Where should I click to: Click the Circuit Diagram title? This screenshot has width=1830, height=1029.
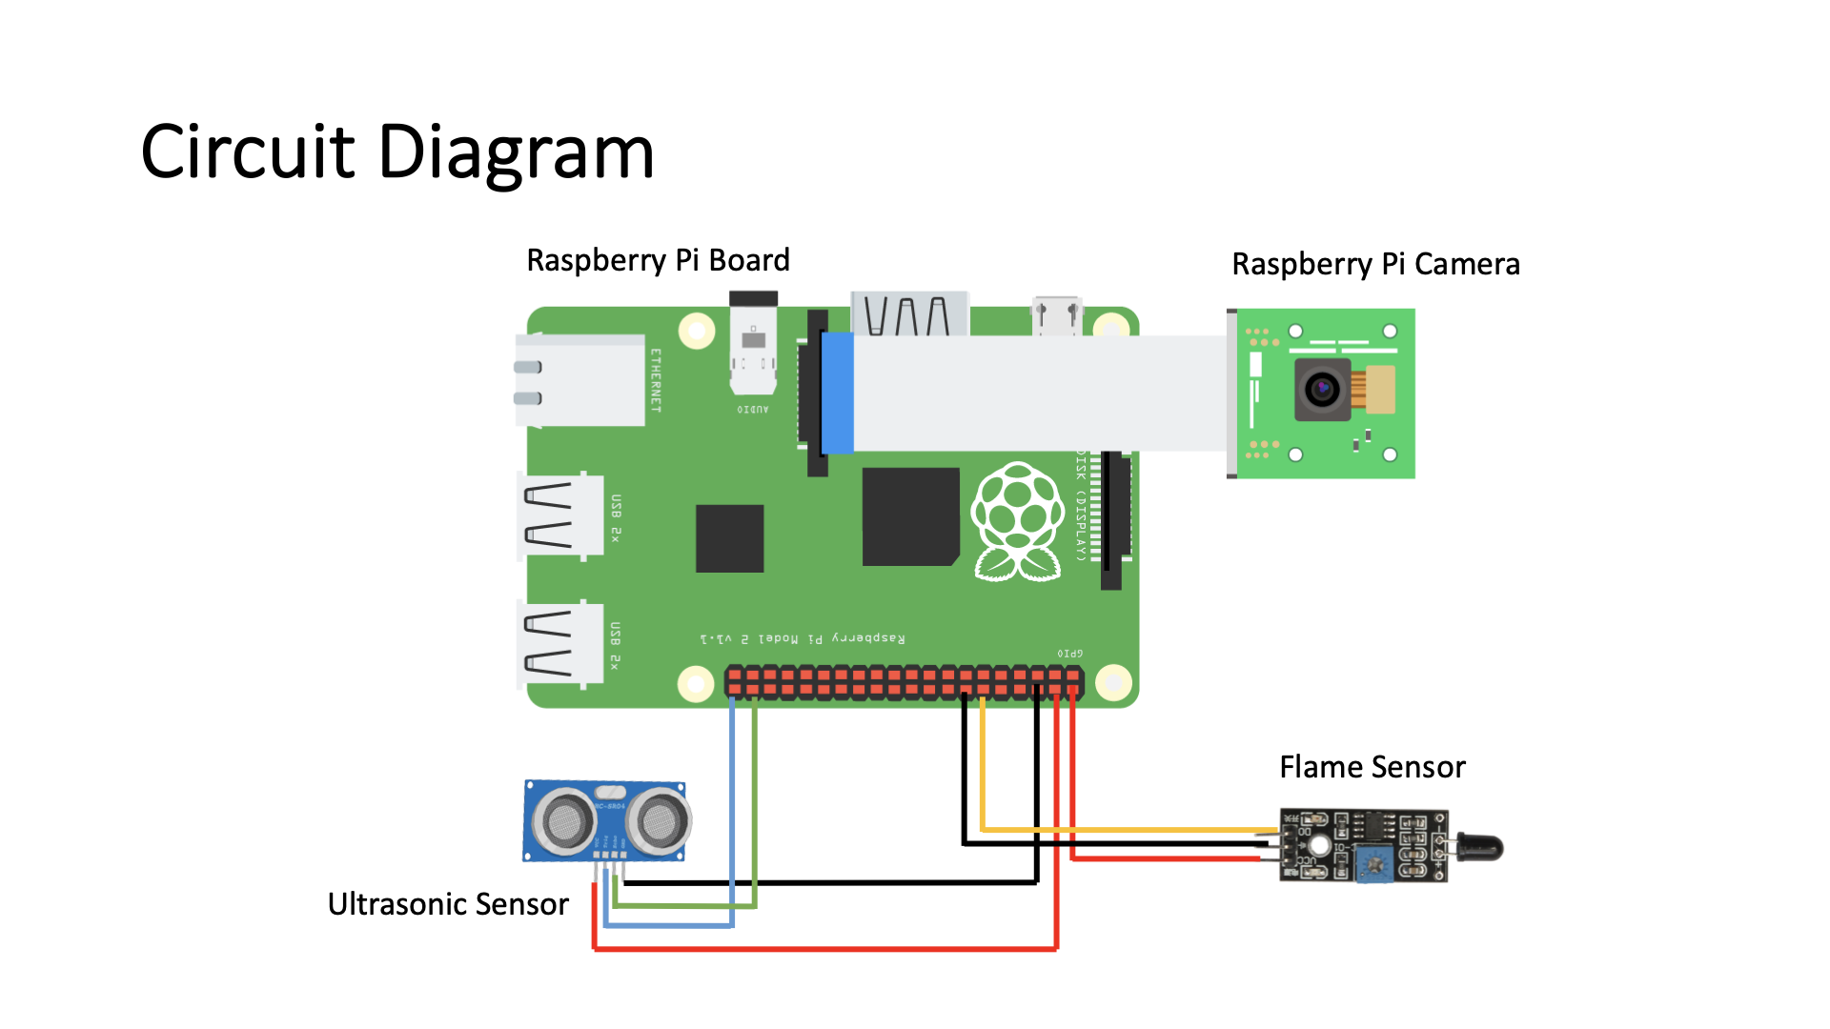pos(397,152)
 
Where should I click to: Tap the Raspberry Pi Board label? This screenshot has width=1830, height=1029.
pos(658,260)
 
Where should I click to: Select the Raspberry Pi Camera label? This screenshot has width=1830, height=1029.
pos(1375,264)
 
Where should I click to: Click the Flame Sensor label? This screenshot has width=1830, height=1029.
pos(1372,767)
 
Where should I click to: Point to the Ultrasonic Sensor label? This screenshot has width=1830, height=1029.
pos(448,904)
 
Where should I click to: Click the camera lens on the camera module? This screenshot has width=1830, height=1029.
pos(1322,389)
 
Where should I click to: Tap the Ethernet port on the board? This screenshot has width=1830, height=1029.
pos(579,379)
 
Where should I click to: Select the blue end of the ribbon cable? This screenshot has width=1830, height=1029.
pos(837,393)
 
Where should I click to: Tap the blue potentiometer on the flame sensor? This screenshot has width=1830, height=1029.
pos(1374,864)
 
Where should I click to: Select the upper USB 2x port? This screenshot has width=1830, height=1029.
pos(560,516)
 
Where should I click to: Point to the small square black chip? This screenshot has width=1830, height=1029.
pos(729,538)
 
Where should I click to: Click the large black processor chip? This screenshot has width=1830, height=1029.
pos(910,516)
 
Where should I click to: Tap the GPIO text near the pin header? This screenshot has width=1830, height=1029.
pos(1070,654)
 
